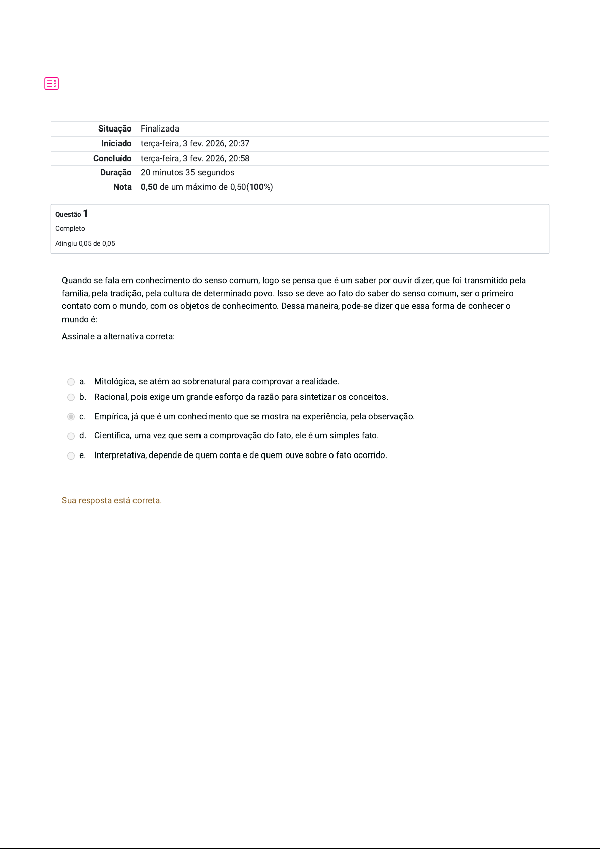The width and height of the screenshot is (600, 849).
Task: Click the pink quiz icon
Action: coord(52,84)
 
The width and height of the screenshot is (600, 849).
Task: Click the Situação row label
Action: coord(115,129)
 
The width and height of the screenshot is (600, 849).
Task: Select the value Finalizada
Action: coord(160,129)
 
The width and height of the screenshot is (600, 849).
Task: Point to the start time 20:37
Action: coord(239,144)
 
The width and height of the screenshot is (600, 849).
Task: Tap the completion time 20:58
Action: coord(239,158)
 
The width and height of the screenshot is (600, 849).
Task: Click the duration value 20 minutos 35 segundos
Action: coord(187,173)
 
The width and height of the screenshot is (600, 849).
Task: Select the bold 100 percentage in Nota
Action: coord(256,187)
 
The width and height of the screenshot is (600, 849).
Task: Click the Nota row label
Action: coord(122,187)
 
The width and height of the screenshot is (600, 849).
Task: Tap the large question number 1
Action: coord(86,214)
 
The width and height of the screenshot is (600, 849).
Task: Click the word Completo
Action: coord(70,229)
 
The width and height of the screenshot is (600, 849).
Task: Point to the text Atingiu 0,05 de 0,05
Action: coord(85,244)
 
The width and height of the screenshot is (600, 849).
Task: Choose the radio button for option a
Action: coord(71,382)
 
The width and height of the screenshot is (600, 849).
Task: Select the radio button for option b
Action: coord(71,398)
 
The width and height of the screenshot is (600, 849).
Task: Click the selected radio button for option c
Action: coord(71,417)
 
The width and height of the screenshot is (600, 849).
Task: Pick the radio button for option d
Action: coord(71,436)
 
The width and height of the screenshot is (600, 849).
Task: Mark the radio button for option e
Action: coord(71,456)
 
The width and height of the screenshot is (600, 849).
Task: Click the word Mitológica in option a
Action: coord(115,382)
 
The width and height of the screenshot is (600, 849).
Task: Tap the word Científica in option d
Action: coord(112,436)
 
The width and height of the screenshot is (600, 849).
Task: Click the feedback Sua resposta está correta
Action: coord(112,501)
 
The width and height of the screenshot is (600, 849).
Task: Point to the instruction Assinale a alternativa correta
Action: coord(118,337)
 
